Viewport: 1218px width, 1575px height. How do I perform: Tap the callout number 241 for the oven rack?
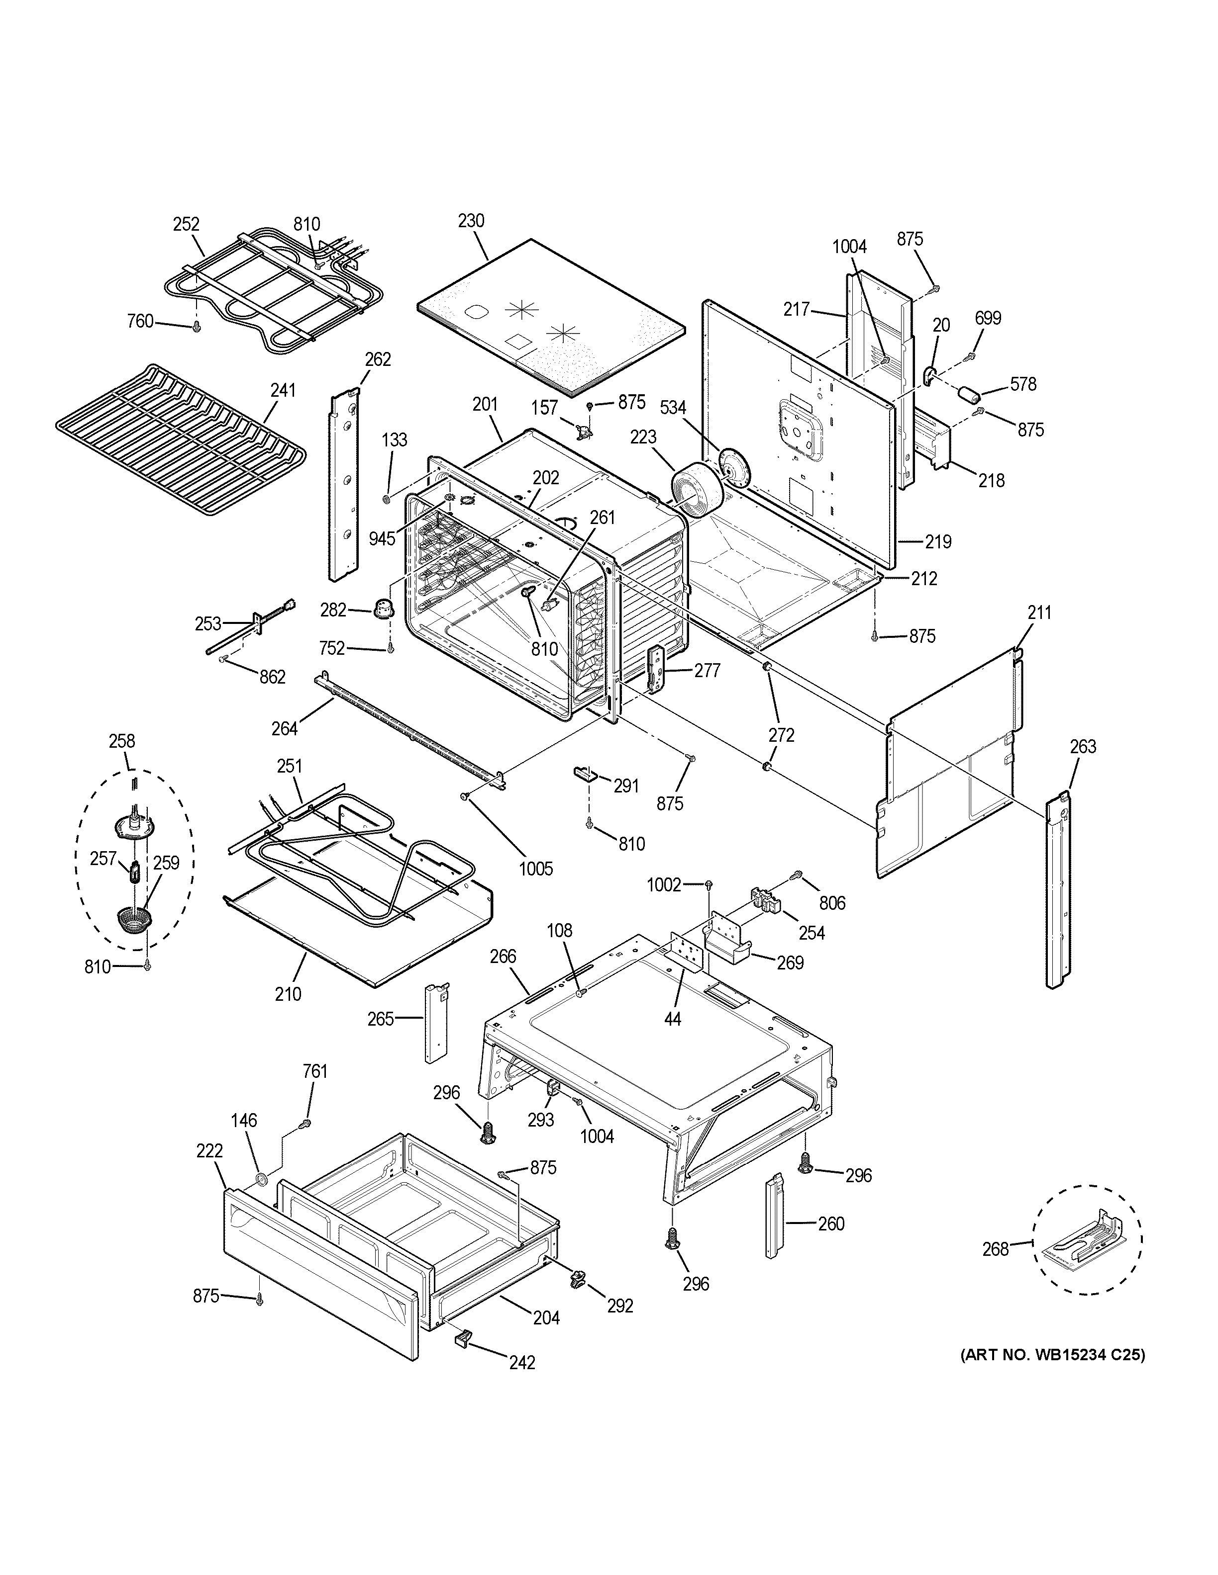pyautogui.click(x=283, y=390)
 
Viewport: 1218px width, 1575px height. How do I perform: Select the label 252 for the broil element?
pyautogui.click(x=186, y=224)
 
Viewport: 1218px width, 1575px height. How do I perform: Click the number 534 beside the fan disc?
pyautogui.click(x=673, y=408)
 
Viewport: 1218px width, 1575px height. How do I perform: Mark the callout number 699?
pyautogui.click(x=988, y=318)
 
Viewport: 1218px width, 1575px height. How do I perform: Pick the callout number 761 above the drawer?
pyautogui.click(x=314, y=1092)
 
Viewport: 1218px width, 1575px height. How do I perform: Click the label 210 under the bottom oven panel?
pyautogui.click(x=287, y=994)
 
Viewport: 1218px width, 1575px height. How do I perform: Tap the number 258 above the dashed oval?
pyautogui.click(x=121, y=741)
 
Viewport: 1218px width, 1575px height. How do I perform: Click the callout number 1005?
pyautogui.click(x=535, y=869)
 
